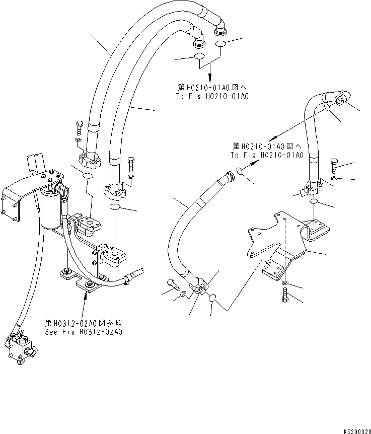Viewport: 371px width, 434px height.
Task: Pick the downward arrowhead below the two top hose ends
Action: tap(209, 74)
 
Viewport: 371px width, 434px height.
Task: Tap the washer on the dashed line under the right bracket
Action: tap(285, 285)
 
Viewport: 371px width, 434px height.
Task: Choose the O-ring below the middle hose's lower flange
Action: tap(213, 300)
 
